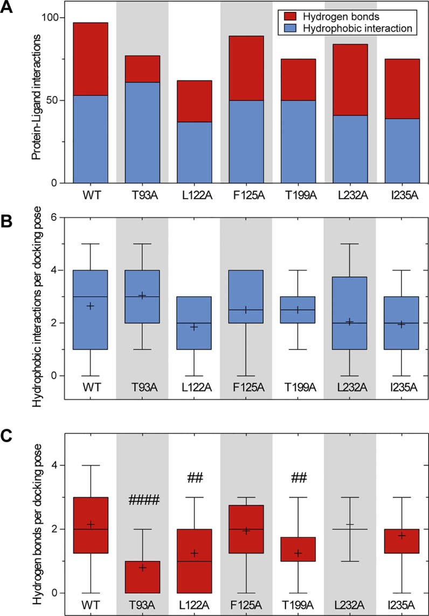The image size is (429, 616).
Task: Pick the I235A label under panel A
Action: coord(401,194)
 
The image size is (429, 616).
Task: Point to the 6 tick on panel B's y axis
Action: coord(53,217)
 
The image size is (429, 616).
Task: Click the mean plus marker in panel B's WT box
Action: coord(91,306)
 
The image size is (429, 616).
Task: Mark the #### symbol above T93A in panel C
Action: coord(143,501)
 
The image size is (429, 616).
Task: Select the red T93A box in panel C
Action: coord(142,577)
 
